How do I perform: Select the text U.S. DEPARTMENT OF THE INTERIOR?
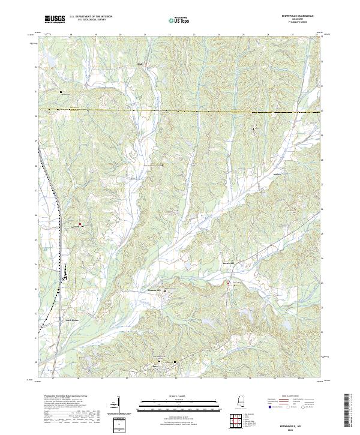pyautogui.click(x=89, y=17)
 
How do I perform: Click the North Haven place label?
pyautogui.click(x=72, y=320)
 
